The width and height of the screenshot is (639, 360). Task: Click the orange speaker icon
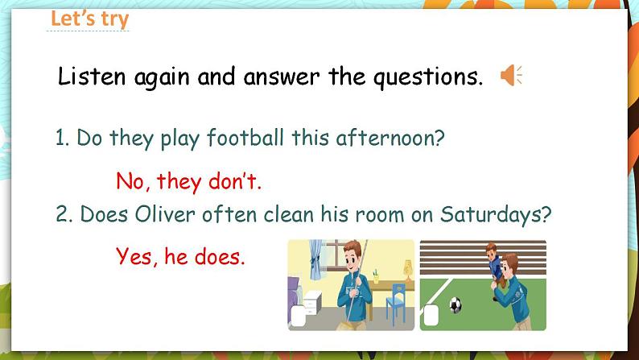[x=511, y=76]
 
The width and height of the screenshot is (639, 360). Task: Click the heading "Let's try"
[x=89, y=19]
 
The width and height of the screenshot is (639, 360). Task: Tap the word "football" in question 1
[x=245, y=138]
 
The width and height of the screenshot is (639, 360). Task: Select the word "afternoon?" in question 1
[x=390, y=138]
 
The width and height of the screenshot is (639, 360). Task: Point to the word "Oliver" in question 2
[x=165, y=213]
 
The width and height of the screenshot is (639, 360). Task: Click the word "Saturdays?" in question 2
[x=496, y=214]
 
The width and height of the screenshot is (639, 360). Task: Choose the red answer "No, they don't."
[x=188, y=181]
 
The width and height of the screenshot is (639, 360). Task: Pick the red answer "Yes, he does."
[x=180, y=256]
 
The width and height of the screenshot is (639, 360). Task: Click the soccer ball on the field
[x=456, y=305]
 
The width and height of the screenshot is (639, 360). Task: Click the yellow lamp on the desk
[x=408, y=271]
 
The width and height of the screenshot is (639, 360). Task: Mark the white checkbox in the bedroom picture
[x=299, y=316]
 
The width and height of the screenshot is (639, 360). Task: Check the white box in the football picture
[x=431, y=315]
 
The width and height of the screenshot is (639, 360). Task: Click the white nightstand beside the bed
[x=312, y=304]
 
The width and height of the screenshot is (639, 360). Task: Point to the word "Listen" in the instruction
[x=92, y=77]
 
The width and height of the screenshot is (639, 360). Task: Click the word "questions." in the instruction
[x=428, y=77]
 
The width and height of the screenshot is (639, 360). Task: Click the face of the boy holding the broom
[x=353, y=254]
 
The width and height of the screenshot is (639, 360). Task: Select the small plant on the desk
[x=376, y=276]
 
